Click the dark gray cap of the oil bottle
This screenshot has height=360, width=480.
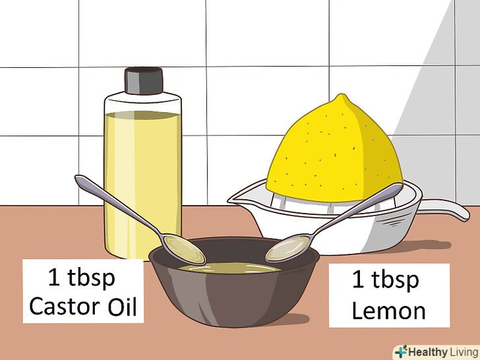(x=144, y=80)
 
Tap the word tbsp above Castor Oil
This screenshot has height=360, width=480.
(x=91, y=278)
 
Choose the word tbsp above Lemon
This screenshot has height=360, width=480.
(x=395, y=279)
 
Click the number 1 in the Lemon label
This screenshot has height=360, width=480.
(x=358, y=279)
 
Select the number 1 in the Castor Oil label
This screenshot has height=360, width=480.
(x=53, y=278)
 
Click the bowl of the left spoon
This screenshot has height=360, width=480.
(x=183, y=249)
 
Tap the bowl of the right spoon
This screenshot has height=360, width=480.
(x=287, y=249)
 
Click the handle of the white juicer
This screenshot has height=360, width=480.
(x=444, y=209)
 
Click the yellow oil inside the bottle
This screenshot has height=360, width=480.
(x=142, y=184)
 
